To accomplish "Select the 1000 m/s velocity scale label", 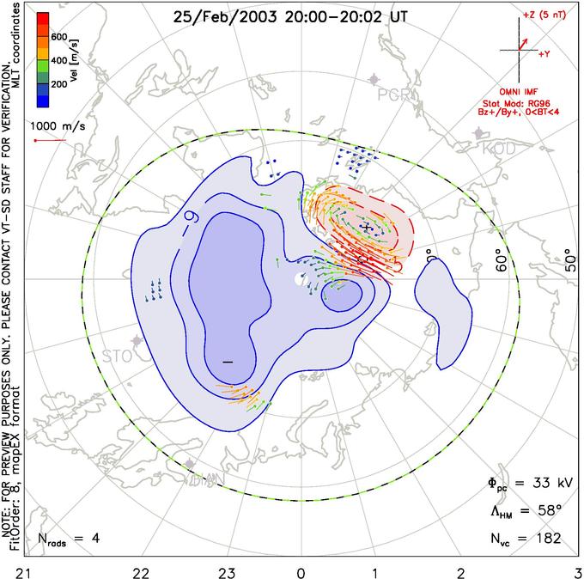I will (x=63, y=125).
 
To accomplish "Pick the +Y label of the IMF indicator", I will (x=543, y=53).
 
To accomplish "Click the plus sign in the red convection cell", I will (x=366, y=227).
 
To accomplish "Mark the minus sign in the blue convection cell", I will (x=228, y=362).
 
